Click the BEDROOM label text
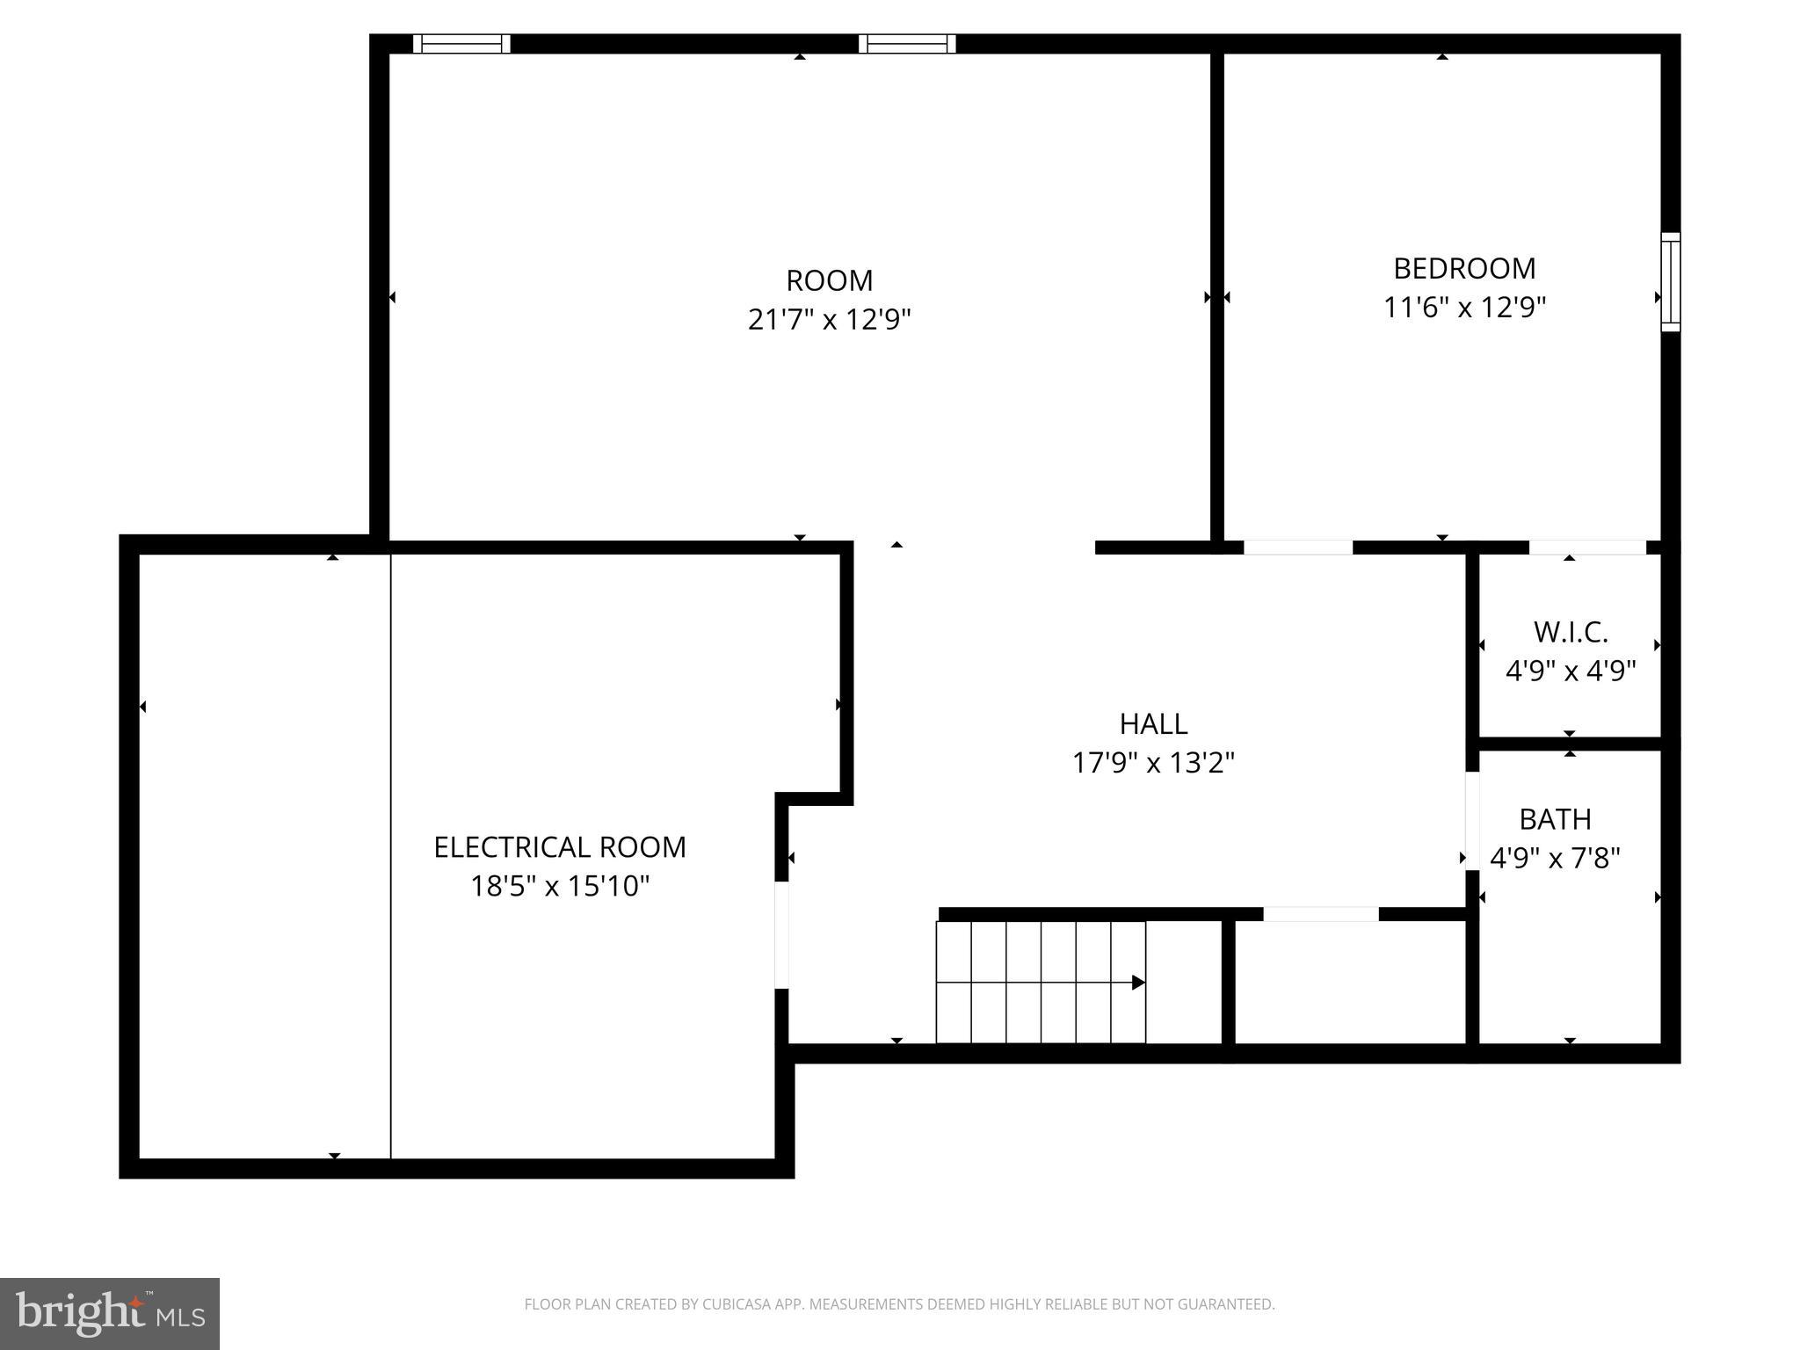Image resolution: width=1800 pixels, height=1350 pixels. (x=1464, y=268)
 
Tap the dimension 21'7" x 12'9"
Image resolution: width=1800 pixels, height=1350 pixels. (x=829, y=319)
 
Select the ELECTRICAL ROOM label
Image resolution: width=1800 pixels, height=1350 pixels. (x=560, y=847)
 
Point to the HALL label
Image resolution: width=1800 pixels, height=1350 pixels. (x=1153, y=723)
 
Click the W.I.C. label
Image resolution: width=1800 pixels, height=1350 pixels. (x=1571, y=632)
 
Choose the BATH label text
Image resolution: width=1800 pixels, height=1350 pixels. (x=1555, y=819)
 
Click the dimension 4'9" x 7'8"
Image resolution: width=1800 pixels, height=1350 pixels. (x=1555, y=858)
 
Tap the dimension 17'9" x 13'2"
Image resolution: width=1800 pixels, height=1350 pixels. (x=1153, y=762)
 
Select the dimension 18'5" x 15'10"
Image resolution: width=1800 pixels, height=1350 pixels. (x=560, y=886)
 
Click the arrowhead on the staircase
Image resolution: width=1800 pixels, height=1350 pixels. (x=1138, y=983)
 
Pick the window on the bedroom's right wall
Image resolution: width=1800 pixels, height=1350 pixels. (x=1670, y=282)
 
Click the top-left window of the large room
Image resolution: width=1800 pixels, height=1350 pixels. (x=461, y=44)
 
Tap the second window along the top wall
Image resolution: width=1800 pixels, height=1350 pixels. (x=907, y=44)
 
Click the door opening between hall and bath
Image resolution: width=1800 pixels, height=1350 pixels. (x=1472, y=821)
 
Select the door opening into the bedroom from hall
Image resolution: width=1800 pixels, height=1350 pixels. (x=1297, y=548)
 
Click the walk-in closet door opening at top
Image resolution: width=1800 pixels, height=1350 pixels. (x=1587, y=548)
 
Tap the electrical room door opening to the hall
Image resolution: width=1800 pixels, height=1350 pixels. (x=781, y=935)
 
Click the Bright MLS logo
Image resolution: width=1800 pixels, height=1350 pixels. (x=110, y=1314)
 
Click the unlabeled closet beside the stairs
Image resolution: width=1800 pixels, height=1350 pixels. (x=1350, y=983)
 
